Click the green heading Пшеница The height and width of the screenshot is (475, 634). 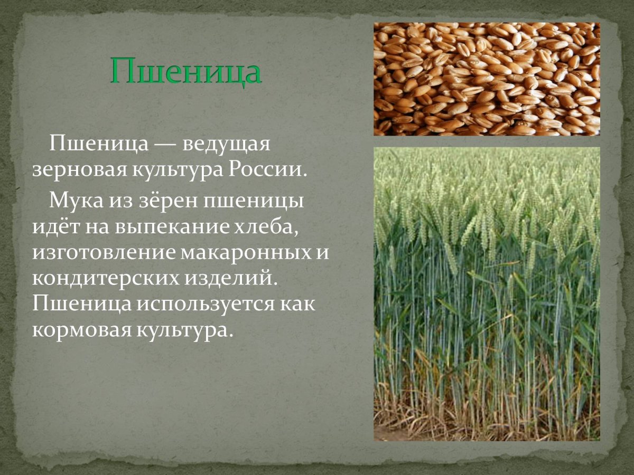[185, 72]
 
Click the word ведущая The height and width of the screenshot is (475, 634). [227, 145]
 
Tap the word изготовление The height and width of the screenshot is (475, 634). [104, 253]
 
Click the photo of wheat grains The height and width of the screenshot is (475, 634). [487, 79]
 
